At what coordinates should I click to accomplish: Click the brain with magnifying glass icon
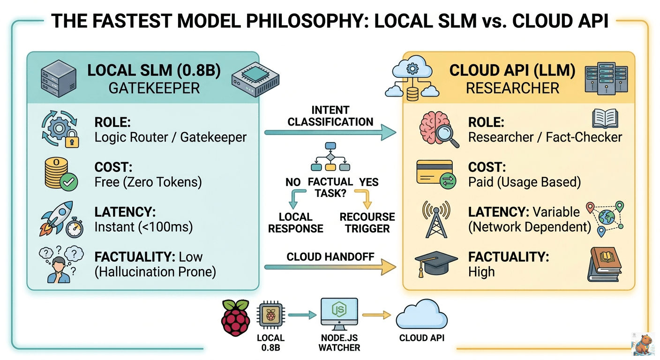[x=435, y=129]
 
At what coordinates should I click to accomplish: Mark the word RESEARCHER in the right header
[x=512, y=88]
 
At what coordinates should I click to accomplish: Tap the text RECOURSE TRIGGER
[x=367, y=223]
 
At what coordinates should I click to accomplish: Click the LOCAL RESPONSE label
[x=295, y=223]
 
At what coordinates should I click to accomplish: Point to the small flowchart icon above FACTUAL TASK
[x=330, y=159]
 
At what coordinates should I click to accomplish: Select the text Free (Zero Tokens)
[x=148, y=181]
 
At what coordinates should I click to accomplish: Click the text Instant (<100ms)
[x=143, y=227]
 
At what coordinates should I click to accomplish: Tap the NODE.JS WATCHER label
[x=339, y=343]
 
